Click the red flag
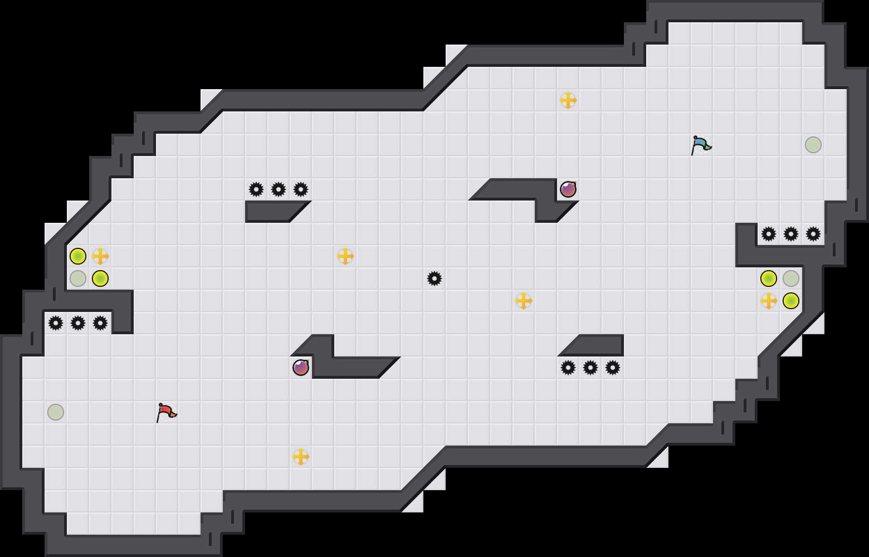[165, 413]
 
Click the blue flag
[700, 145]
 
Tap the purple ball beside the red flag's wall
[301, 368]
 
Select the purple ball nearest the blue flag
[568, 189]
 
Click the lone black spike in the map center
[434, 278]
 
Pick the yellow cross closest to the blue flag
[568, 100]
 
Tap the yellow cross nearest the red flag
[301, 457]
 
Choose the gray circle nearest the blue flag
[813, 145]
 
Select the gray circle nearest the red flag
[56, 412]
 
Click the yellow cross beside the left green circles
[100, 256]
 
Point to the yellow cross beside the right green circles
[769, 301]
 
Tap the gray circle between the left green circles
[78, 278]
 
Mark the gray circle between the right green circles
[791, 278]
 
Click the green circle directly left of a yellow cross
[78, 256]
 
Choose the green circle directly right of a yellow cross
[791, 301]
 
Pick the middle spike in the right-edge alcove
[791, 234]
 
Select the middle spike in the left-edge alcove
[78, 323]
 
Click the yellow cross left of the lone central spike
[345, 256]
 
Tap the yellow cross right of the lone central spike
[524, 301]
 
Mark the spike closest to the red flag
[100, 323]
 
